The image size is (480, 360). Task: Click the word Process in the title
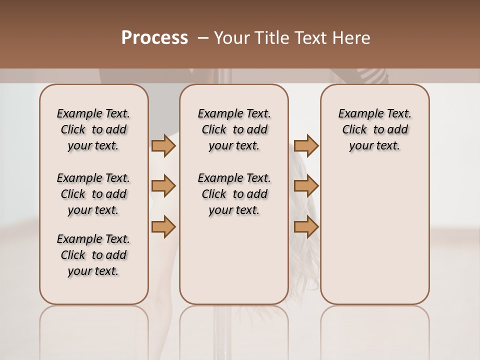[x=154, y=38]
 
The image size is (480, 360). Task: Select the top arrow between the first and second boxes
[x=163, y=145]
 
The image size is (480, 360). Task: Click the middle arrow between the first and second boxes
[x=163, y=186]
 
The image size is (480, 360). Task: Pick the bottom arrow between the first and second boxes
[x=163, y=226]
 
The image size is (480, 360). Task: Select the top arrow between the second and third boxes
[x=306, y=145]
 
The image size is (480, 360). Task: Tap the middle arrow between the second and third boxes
[x=306, y=186]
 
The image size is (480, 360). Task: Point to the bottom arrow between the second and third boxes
[x=306, y=226]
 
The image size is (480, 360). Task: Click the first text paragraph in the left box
[x=93, y=129]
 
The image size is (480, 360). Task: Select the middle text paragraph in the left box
[x=93, y=194]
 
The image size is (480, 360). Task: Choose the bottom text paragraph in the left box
[x=93, y=255]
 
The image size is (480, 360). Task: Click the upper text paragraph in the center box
[x=234, y=129]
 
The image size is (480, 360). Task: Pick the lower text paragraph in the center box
[x=234, y=194]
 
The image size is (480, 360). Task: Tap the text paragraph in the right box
[x=375, y=129]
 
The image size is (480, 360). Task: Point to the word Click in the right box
[x=354, y=130]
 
